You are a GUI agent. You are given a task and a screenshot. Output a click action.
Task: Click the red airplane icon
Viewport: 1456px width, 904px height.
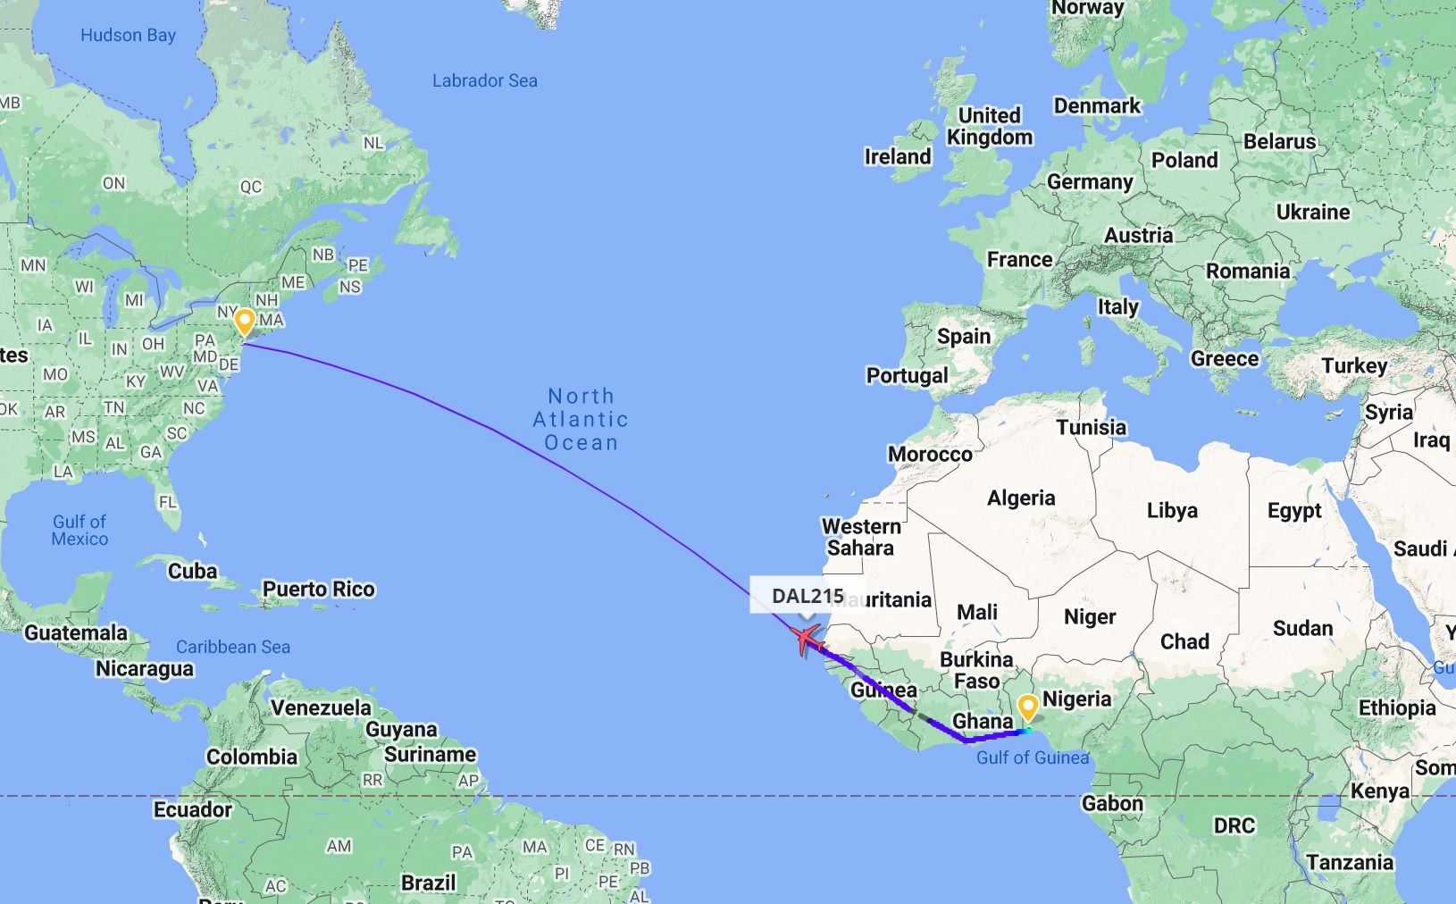(x=806, y=639)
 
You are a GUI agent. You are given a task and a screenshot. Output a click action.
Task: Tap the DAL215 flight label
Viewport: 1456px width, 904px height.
(x=807, y=596)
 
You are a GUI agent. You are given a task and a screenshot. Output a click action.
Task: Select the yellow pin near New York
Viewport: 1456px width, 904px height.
(x=244, y=321)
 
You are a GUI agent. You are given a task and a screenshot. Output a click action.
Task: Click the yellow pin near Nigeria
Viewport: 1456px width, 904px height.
(x=1028, y=707)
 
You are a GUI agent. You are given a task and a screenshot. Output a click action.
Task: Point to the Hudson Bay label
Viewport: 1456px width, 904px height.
(x=128, y=36)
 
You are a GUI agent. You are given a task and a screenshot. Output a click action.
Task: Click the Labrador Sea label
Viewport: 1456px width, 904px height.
(x=484, y=80)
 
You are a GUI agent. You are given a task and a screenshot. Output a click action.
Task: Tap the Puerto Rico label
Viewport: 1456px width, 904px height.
(x=318, y=590)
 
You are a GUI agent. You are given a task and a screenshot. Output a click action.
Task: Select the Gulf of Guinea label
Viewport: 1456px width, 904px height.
(x=1032, y=758)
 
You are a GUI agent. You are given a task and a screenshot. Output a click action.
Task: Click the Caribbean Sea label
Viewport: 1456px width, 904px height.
(x=232, y=647)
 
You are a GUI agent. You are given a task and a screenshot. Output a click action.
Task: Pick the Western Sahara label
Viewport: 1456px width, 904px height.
(x=860, y=537)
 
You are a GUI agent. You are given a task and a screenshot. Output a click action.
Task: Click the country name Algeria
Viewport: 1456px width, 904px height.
(x=1020, y=498)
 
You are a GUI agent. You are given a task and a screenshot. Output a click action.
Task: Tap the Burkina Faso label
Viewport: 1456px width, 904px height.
(x=975, y=670)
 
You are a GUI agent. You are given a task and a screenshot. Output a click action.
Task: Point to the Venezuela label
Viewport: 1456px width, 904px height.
(x=321, y=707)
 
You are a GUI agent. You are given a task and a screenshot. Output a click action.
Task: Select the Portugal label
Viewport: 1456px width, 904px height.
(x=907, y=375)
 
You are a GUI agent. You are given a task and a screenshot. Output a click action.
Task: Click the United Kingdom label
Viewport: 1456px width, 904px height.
(x=989, y=126)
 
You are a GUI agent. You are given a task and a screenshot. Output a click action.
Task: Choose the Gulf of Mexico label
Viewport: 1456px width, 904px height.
(x=79, y=530)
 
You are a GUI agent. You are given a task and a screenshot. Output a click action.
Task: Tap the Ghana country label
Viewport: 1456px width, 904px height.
(x=983, y=721)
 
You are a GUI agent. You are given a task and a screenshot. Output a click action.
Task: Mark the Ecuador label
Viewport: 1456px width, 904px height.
(x=192, y=809)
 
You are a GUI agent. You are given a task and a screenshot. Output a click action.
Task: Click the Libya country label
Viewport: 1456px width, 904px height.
(x=1171, y=510)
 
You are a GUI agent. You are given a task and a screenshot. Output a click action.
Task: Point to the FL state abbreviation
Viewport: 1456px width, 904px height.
(x=167, y=502)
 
